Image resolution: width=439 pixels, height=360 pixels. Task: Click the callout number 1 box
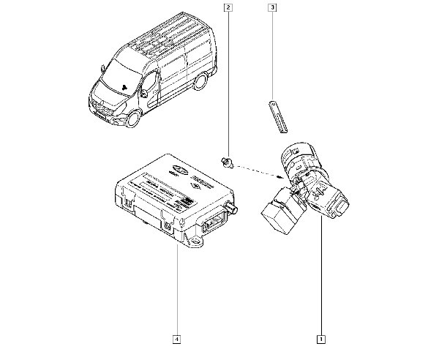click(x=320, y=339)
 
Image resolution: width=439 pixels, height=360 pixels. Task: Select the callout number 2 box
click(x=229, y=8)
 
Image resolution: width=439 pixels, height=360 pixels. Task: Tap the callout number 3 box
click(x=272, y=8)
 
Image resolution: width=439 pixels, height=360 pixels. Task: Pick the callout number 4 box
click(x=177, y=339)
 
